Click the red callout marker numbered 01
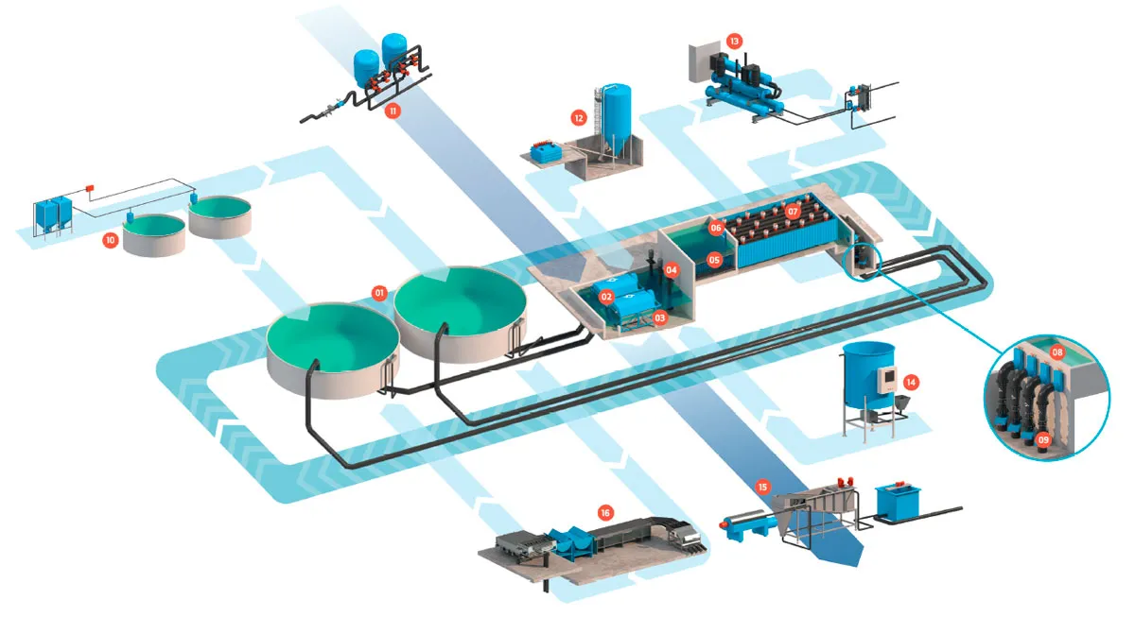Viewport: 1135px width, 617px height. (x=379, y=293)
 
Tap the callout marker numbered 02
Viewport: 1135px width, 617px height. (x=606, y=297)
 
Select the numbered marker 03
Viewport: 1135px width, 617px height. (x=659, y=317)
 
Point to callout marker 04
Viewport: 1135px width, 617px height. (x=671, y=270)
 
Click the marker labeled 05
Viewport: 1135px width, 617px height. (x=714, y=260)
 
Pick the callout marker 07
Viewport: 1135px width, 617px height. (x=793, y=211)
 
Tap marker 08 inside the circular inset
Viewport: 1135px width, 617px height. (x=1057, y=352)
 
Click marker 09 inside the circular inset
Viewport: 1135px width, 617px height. (x=1042, y=440)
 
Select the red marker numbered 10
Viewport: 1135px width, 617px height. (x=110, y=240)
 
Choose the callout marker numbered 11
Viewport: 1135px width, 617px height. (x=393, y=111)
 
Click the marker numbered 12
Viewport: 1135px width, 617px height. (x=579, y=118)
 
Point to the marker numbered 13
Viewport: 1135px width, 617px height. (x=734, y=41)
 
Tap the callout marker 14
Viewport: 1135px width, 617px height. (x=911, y=382)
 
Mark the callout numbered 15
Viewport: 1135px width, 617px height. (x=762, y=487)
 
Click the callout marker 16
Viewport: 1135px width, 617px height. (x=605, y=513)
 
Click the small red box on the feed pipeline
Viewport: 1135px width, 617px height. (x=90, y=188)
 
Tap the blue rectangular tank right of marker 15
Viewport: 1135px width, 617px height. (x=898, y=502)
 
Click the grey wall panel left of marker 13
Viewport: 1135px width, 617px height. (x=701, y=62)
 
